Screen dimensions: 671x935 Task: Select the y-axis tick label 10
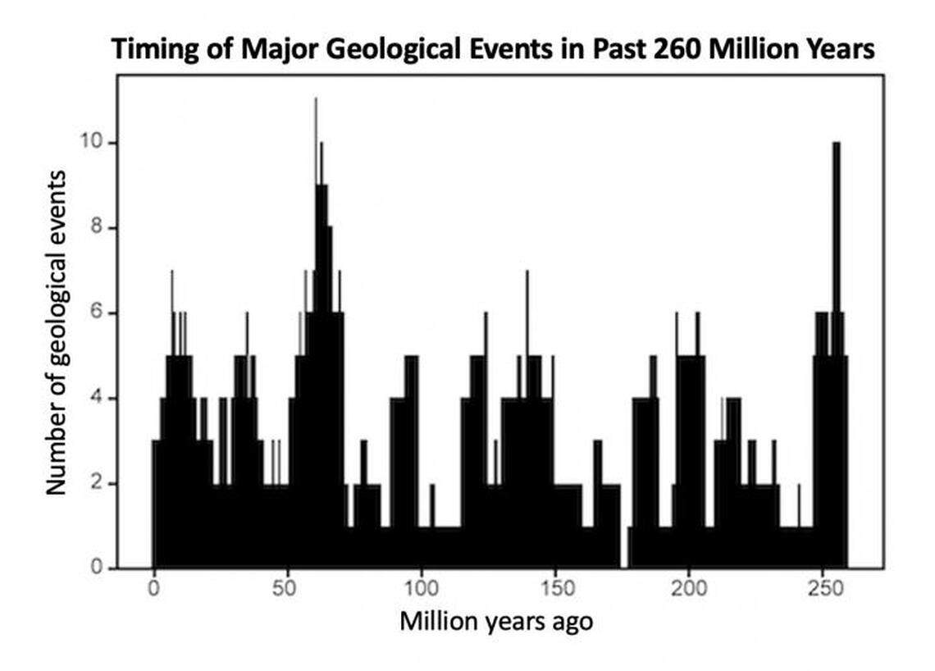click(93, 143)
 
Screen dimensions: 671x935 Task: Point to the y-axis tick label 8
click(98, 228)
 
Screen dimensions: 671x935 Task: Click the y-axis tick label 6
click(98, 313)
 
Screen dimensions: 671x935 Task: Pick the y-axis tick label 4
click(98, 399)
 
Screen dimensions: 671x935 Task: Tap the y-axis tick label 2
click(98, 484)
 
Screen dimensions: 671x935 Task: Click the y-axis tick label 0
click(98, 568)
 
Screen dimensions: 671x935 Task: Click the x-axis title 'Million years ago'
click(495, 622)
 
